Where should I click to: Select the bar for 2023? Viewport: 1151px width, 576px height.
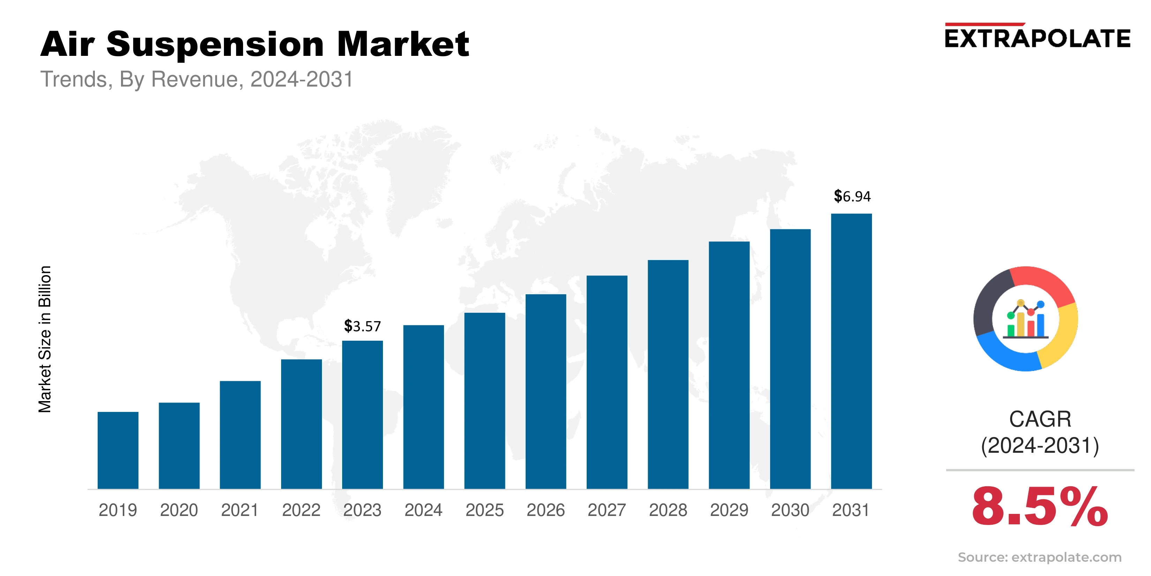pyautogui.click(x=362, y=415)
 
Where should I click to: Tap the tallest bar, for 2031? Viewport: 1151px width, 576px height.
pyautogui.click(x=851, y=351)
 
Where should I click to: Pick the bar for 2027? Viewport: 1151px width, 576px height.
pyautogui.click(x=607, y=382)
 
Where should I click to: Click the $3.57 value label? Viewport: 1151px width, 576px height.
pyautogui.click(x=362, y=326)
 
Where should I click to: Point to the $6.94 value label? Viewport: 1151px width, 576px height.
pyautogui.click(x=852, y=196)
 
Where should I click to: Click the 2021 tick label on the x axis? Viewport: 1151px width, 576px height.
pyautogui.click(x=240, y=510)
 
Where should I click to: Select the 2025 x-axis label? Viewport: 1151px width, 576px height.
pyautogui.click(x=484, y=510)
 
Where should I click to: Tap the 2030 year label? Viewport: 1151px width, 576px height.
pyautogui.click(x=790, y=510)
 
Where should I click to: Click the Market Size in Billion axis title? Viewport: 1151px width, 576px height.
pyautogui.click(x=45, y=339)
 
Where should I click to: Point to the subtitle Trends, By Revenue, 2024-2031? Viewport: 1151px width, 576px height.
pyautogui.click(x=197, y=80)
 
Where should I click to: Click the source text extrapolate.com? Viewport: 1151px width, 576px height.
pyautogui.click(x=1066, y=557)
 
